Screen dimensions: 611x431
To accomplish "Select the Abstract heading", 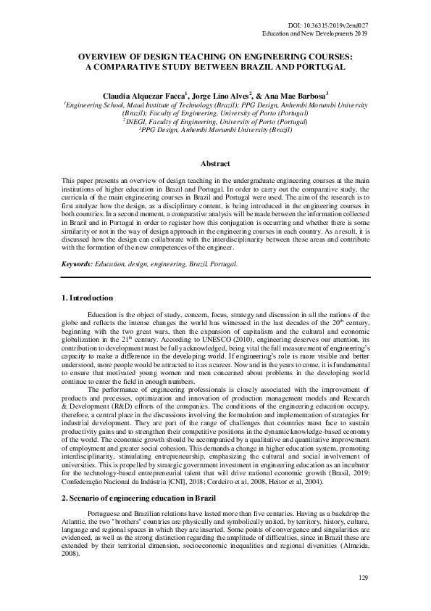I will point(215,165).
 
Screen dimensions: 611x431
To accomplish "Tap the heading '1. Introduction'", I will point(86,298).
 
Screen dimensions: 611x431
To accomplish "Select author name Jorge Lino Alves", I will point(219,95).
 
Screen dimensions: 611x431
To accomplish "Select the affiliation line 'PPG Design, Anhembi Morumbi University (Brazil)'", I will point(215,131).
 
